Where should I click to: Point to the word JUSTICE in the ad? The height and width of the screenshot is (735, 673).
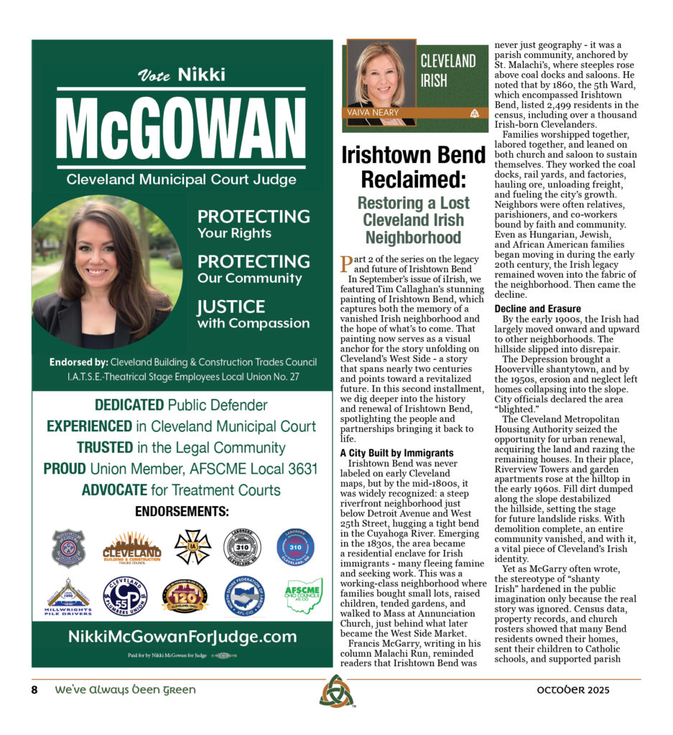(231, 307)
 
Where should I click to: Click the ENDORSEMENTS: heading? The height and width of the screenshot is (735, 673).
(182, 512)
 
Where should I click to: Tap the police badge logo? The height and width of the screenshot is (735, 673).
(69, 548)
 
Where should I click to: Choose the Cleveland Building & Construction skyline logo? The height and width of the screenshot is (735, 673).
(131, 548)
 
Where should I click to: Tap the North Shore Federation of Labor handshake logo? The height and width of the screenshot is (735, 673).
(244, 596)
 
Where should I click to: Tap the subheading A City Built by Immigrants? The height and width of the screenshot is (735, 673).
(396, 453)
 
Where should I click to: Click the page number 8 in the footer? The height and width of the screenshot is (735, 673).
(34, 690)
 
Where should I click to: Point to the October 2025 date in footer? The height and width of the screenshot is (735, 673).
(573, 690)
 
